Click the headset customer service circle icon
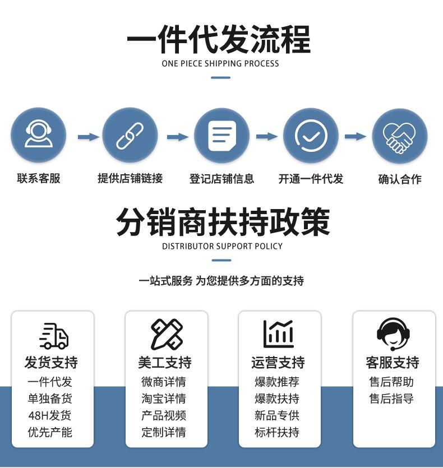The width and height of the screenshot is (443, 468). point(39,136)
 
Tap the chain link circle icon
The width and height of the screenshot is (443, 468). point(130,136)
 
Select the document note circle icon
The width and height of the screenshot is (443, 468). point(221,136)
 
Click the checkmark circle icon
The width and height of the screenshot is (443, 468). point(311,136)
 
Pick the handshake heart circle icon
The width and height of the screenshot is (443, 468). point(400,136)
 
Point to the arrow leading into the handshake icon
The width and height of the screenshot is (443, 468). point(355,136)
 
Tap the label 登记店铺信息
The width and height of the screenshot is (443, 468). point(221,179)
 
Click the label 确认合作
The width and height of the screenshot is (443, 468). point(400,179)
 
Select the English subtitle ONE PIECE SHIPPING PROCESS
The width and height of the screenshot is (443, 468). point(220,63)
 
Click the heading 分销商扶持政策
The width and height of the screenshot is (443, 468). point(223,223)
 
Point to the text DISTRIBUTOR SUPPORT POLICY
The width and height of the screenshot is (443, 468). point(222,246)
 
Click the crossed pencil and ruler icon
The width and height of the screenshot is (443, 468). point(167,334)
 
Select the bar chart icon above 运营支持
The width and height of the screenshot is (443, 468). point(279,334)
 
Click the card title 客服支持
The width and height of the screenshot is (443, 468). point(393,363)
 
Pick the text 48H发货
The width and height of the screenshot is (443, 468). point(50,415)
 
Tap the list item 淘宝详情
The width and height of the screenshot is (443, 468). point(164,399)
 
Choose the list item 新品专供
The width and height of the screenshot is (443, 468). point(277,415)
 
